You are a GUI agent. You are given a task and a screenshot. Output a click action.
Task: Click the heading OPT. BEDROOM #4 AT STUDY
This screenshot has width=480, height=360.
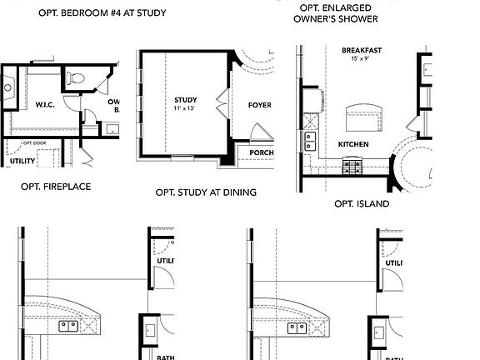coord(102,13)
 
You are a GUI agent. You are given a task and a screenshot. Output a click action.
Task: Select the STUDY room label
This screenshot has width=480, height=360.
coord(184,99)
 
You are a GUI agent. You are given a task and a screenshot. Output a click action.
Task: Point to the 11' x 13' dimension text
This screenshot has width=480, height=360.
coord(184,109)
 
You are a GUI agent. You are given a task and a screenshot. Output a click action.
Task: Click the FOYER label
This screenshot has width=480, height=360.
coord(260,106)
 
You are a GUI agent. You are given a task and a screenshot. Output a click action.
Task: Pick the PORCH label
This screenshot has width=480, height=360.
coord(261,152)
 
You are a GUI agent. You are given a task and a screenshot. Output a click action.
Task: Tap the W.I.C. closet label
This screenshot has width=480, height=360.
coord(45,105)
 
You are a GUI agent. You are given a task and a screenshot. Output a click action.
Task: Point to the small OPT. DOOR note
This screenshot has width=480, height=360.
coord(32,143)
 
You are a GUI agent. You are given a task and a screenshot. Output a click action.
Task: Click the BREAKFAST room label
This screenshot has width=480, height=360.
coord(362,51)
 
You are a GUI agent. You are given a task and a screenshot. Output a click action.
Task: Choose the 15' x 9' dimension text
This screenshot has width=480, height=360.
coord(362,60)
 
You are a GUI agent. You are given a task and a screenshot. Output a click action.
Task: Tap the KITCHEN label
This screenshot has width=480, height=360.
coord(353,144)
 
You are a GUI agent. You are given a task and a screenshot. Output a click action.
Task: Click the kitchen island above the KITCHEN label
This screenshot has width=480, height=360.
coord(363,113)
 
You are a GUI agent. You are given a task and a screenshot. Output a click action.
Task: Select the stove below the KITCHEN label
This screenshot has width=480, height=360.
coord(353,167)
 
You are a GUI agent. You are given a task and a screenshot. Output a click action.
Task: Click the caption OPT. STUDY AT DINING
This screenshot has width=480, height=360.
coord(206,192)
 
